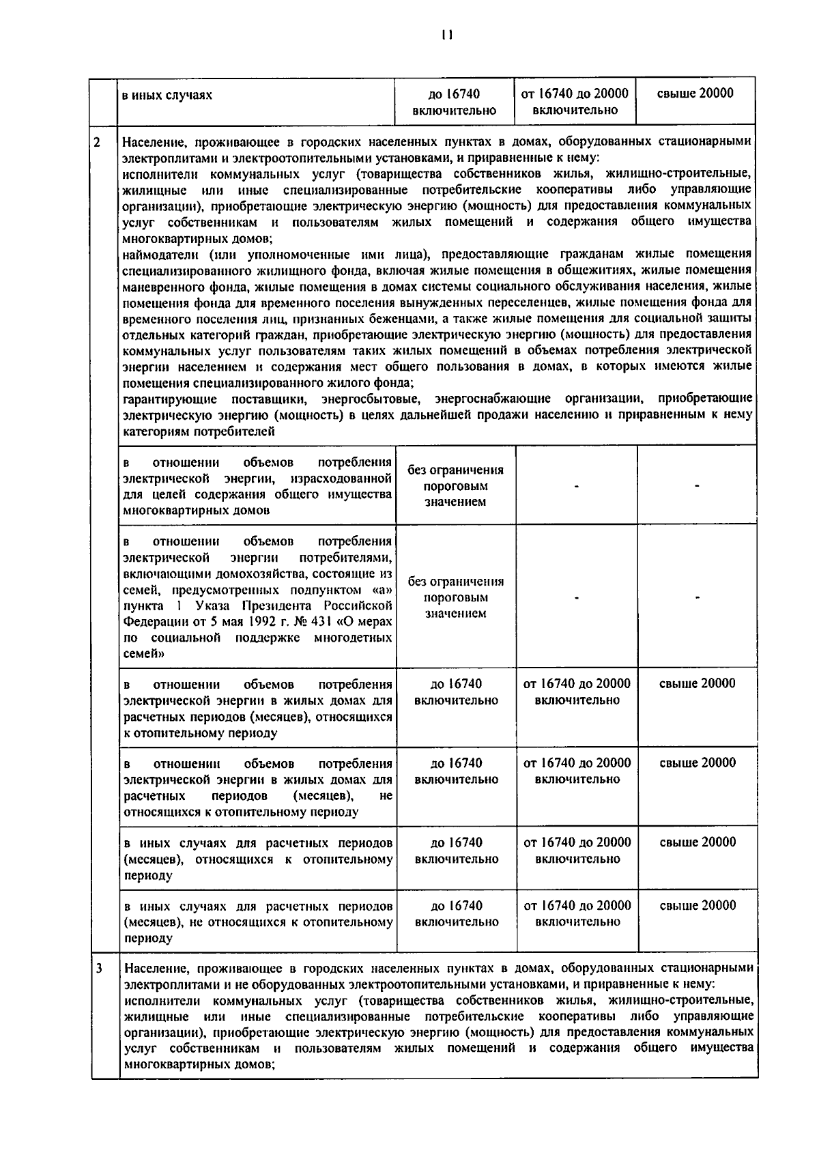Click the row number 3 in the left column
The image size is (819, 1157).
pyautogui.click(x=100, y=969)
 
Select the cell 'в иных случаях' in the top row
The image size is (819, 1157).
pyautogui.click(x=167, y=96)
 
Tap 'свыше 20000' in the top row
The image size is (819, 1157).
pyautogui.click(x=695, y=94)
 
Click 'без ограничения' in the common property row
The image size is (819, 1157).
pyautogui.click(x=455, y=470)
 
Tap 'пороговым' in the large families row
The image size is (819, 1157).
pyautogui.click(x=455, y=597)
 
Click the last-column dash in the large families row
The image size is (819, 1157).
pyautogui.click(x=697, y=598)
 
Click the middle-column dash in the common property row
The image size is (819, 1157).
pyautogui.click(x=577, y=486)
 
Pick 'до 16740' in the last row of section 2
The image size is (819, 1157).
pyautogui.click(x=456, y=906)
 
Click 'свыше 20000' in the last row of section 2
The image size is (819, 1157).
pyautogui.click(x=698, y=906)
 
